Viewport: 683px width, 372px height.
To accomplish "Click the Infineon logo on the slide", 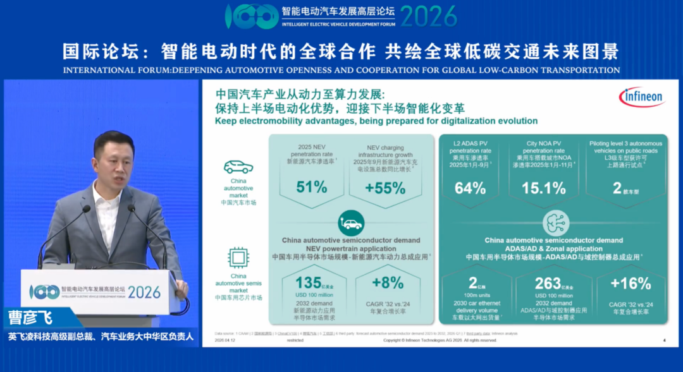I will click(641, 97).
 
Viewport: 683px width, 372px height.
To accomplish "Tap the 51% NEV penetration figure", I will click(312, 187).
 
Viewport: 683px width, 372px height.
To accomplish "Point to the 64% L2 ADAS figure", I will click(470, 188).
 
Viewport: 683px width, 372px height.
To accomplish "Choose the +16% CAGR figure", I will click(630, 283).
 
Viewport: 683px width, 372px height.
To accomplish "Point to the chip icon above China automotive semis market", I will click(238, 258).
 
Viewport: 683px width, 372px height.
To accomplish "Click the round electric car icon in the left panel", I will click(351, 223).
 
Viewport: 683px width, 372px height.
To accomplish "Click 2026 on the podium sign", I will click(144, 292).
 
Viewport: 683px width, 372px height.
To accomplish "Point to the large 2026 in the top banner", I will click(428, 16).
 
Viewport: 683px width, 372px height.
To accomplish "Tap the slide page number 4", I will click(664, 340).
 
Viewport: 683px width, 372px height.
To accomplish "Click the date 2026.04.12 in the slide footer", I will click(225, 340).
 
